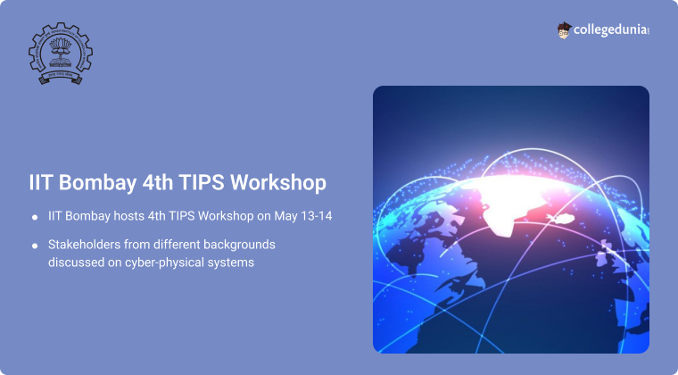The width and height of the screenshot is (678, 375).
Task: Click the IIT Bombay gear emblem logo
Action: click(61, 51)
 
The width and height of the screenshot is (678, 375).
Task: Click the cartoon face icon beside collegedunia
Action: click(564, 30)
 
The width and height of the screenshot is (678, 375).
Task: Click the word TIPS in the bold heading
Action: click(197, 181)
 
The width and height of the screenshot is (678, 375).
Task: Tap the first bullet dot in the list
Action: click(34, 218)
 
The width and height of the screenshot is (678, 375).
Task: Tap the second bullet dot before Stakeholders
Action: click(34, 245)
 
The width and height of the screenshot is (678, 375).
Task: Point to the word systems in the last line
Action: click(234, 263)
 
